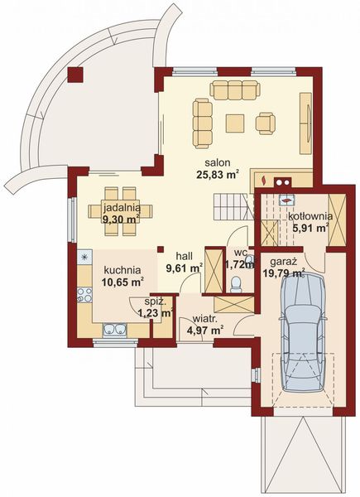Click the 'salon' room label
[217, 163]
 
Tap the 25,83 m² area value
[217, 175]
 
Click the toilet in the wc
[236, 284]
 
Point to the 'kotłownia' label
[310, 216]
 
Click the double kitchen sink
[114, 329]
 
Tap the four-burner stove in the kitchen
[84, 295]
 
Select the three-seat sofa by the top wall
[235, 90]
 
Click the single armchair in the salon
[266, 123]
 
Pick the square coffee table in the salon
[235, 123]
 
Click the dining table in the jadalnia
[121, 211]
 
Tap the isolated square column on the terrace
[75, 75]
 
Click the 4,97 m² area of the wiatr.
[205, 331]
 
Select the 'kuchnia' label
[122, 270]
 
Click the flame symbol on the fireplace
[263, 181]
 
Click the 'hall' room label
[185, 256]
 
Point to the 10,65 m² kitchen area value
[122, 282]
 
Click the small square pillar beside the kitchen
[161, 249]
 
